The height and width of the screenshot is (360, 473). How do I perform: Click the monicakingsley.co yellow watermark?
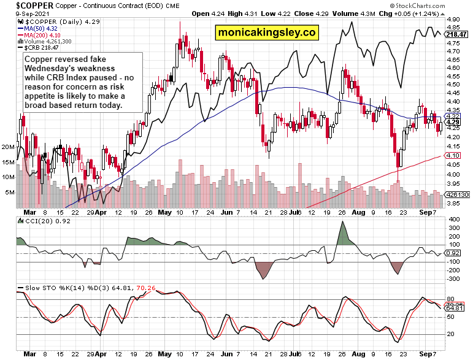click(267, 33)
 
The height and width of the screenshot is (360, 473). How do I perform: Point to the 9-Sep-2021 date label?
click(19, 13)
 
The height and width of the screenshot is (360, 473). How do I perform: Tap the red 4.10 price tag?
click(452, 155)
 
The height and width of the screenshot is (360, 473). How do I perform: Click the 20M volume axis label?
click(8, 147)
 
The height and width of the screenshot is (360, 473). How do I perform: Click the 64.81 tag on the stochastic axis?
click(453, 307)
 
